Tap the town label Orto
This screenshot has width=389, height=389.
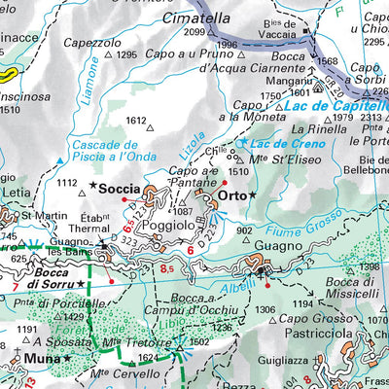pos(230,195)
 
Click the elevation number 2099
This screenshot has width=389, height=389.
pos(194,32)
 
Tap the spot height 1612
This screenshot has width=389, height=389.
pos(135,121)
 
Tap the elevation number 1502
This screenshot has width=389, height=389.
pos(198,341)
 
